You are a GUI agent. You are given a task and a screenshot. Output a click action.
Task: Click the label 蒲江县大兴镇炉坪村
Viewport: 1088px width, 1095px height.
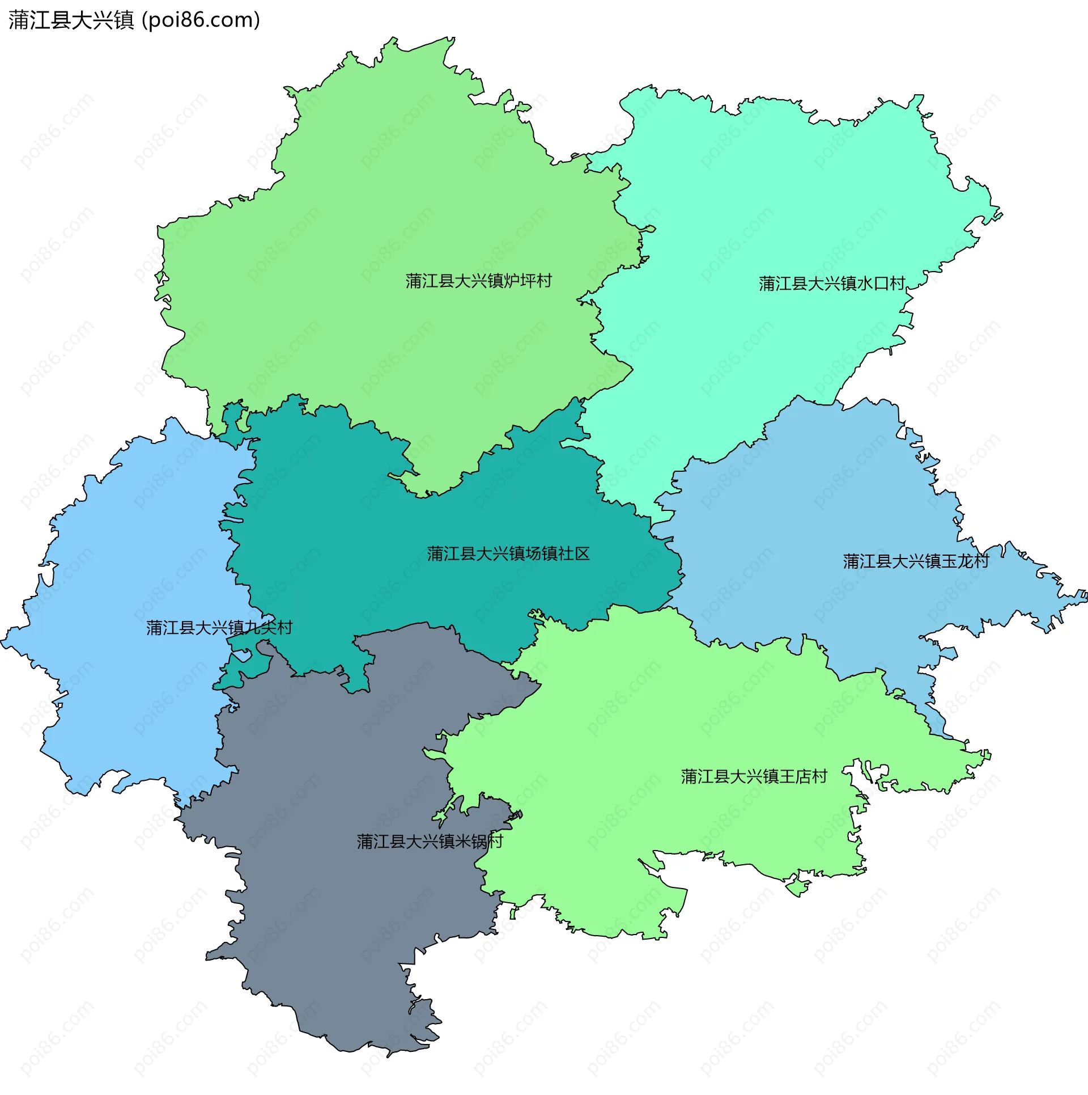point(478,281)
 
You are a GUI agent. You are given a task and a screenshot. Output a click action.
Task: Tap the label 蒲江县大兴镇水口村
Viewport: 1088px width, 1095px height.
point(831,284)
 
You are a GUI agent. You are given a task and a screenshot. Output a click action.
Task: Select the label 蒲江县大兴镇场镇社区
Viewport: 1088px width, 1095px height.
point(508,553)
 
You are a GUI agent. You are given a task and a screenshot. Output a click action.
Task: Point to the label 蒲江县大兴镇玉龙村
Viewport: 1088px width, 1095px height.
point(916,561)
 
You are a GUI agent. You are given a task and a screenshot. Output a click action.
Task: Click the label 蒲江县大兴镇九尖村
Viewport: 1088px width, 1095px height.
point(219,628)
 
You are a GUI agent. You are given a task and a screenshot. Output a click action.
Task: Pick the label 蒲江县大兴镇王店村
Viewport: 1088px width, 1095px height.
point(754,776)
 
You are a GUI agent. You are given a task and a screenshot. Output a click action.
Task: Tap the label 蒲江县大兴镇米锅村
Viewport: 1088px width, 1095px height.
point(430,841)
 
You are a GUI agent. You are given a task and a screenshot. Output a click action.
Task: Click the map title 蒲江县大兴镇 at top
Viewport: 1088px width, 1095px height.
point(71,20)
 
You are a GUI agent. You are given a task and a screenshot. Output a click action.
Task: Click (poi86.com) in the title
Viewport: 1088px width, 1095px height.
point(201,20)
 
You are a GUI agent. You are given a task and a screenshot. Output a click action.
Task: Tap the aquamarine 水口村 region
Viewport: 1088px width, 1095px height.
point(765,198)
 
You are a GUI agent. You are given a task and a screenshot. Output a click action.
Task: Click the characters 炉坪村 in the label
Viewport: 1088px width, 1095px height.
point(528,281)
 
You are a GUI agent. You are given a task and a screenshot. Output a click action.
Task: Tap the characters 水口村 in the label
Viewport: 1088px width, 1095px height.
point(881,284)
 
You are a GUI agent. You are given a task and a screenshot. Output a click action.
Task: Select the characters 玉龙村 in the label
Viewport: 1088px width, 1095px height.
point(965,561)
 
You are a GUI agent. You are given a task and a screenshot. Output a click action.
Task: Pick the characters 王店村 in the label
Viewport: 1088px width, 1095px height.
point(804,776)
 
